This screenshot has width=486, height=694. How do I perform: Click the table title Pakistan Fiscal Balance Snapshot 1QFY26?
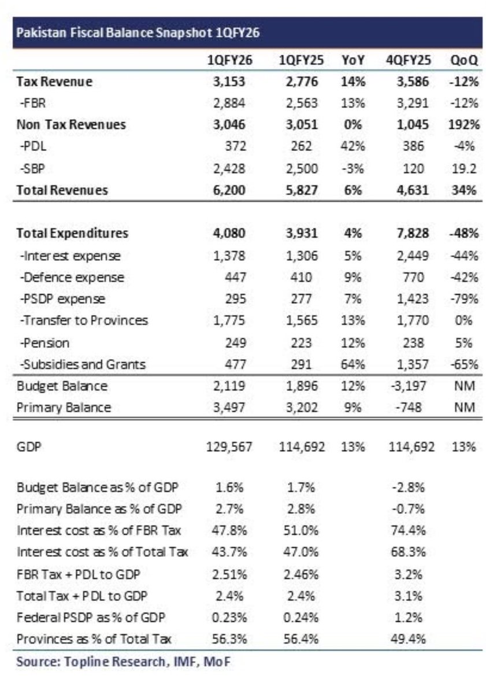pos(138,33)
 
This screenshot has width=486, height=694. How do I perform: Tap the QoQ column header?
pos(463,61)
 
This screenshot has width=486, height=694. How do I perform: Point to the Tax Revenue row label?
pos(55,82)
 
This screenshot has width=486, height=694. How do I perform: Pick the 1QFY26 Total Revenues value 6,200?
pos(231,190)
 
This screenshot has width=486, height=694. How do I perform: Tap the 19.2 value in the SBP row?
pos(465,168)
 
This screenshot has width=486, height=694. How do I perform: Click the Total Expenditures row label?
pos(73,234)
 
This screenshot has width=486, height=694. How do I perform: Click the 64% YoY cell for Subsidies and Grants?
pos(353,364)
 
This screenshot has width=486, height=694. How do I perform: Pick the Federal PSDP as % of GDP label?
pos(91,617)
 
